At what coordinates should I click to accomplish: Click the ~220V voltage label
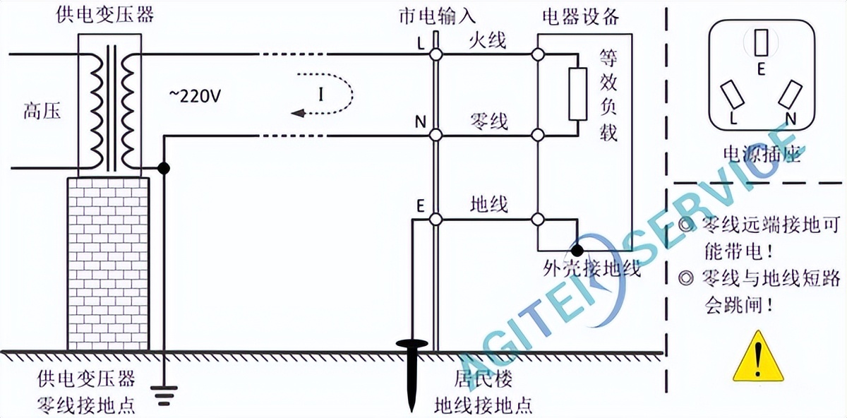(x=195, y=97)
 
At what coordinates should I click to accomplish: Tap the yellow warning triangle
(x=758, y=357)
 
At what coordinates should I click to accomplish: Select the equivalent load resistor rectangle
(x=578, y=94)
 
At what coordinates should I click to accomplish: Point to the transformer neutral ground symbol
(x=164, y=395)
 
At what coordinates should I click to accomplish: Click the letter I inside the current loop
(x=320, y=94)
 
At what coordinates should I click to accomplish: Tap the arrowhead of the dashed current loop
(x=298, y=113)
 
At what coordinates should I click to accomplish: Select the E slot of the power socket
(x=761, y=42)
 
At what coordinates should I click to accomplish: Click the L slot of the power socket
(x=732, y=94)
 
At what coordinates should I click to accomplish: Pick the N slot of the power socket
(x=791, y=94)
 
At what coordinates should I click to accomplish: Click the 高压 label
(x=42, y=112)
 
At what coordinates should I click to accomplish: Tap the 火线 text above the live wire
(x=488, y=40)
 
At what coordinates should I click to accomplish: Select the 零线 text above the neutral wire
(x=488, y=121)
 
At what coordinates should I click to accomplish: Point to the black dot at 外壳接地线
(x=577, y=250)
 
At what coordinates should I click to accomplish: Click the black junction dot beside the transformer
(x=164, y=168)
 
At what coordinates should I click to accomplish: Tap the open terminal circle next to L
(x=436, y=54)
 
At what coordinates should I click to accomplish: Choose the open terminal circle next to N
(x=436, y=135)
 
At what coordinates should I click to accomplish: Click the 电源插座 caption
(x=762, y=155)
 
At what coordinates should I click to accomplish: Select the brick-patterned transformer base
(x=109, y=263)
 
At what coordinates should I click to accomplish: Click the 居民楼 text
(x=483, y=379)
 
